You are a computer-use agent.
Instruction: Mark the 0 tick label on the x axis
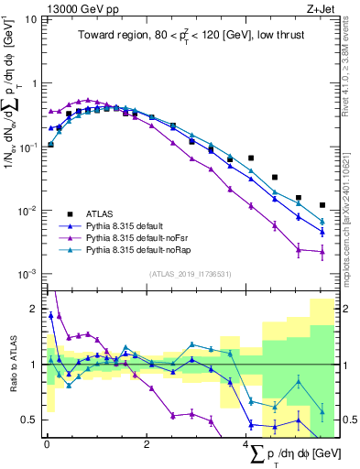(46, 444)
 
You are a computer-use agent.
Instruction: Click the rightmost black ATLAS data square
(322, 205)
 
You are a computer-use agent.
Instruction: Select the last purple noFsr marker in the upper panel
(322, 252)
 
